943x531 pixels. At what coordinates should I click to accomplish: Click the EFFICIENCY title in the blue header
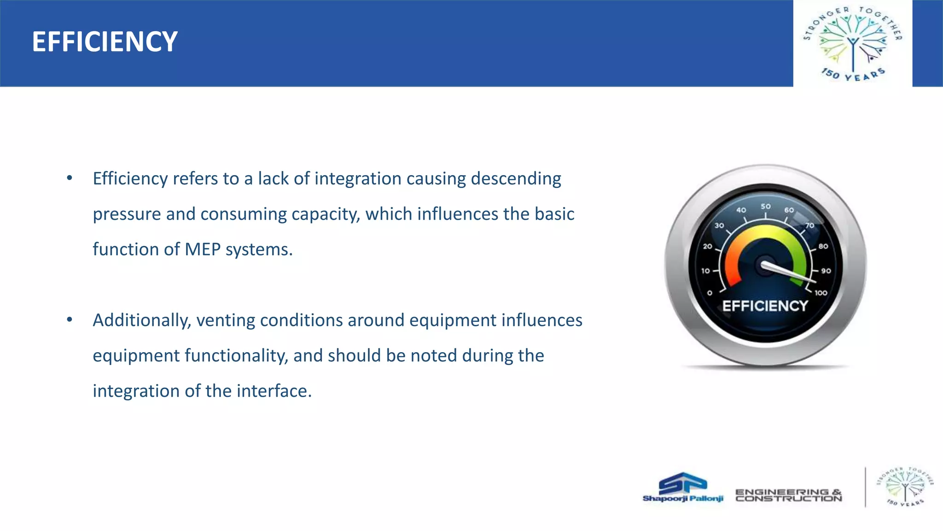point(105,42)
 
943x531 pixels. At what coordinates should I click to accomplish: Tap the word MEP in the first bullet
point(202,249)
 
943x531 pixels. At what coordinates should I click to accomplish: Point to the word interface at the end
point(274,391)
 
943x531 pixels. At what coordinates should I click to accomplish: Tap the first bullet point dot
point(70,178)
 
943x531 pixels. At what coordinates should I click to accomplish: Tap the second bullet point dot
point(70,320)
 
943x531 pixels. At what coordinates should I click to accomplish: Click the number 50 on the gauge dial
point(765,206)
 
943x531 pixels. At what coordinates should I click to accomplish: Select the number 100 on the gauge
point(821,293)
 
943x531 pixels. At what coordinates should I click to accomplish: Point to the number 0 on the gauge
point(710,293)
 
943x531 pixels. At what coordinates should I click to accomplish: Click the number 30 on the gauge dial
point(719,225)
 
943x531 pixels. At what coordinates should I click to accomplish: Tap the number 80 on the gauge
point(823,246)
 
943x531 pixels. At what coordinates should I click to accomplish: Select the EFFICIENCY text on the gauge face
point(765,306)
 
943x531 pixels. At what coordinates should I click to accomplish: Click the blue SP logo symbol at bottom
point(683,483)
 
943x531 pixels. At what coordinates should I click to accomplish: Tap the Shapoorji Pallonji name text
point(683,499)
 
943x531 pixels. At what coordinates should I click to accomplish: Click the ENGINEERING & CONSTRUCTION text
point(788,496)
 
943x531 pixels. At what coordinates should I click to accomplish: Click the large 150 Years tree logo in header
point(853,43)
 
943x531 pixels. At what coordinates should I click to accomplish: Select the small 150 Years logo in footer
point(905,487)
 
